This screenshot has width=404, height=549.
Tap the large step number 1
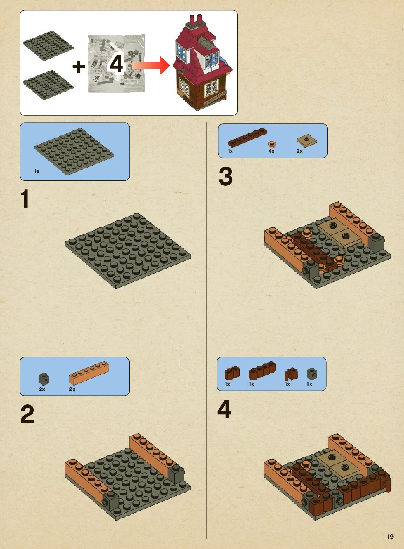25,199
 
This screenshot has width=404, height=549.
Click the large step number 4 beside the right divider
224,409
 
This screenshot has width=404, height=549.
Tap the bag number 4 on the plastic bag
116,63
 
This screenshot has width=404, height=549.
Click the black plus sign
79,67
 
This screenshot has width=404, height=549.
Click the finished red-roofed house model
203,62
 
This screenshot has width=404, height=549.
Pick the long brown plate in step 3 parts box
247,137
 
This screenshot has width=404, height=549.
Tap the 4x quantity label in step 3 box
271,151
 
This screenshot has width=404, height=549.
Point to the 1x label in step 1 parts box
37,172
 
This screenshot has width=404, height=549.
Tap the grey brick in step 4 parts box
312,374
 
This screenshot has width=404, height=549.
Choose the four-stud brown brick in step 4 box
262,371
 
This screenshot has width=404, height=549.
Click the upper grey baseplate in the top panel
48,46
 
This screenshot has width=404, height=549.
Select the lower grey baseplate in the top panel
48,85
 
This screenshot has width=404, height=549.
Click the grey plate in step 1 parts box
74,152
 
